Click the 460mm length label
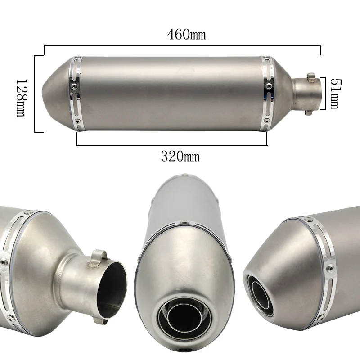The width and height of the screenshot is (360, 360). pos(186,35)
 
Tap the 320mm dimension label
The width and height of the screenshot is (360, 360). pos(180,157)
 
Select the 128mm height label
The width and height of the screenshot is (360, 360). pos(22,98)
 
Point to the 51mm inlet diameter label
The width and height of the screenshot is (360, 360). pos(335,94)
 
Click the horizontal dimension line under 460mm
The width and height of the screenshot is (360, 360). pos(182,45)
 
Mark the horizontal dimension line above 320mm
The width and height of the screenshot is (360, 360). pos(172,145)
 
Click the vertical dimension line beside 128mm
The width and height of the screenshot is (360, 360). pos(35,94)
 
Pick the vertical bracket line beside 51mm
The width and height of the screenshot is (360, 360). pos(325,94)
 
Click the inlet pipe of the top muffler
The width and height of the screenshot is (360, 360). pos(306,94)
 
